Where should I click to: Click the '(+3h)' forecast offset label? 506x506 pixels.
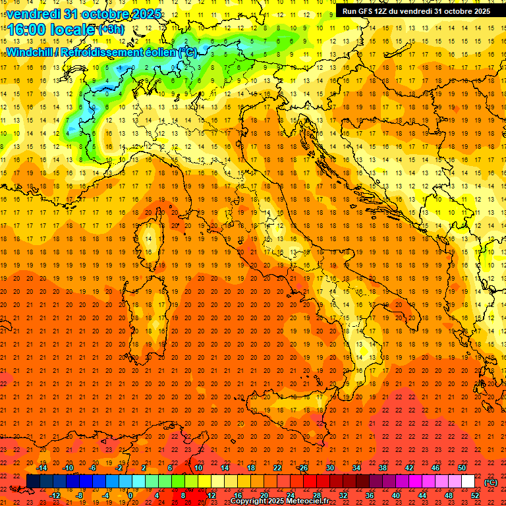click(110, 30)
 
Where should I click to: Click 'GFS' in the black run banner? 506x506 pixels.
click(366, 11)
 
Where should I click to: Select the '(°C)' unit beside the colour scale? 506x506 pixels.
click(491, 482)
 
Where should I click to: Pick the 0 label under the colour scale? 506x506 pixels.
click(130, 495)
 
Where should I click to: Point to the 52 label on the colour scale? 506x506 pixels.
click(475, 495)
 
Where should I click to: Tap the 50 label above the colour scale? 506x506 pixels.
click(462, 468)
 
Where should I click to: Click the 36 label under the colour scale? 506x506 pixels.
click(369, 495)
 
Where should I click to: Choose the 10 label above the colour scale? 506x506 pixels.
click(198, 468)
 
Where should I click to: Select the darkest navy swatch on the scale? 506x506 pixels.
click(33, 482)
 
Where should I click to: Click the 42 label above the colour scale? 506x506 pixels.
click(409, 468)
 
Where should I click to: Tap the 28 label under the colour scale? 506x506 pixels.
click(316, 495)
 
